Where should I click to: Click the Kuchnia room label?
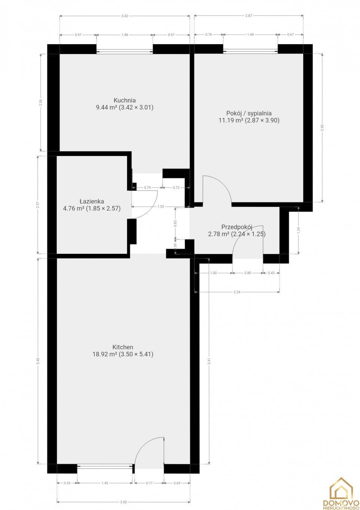click(x=124, y=101)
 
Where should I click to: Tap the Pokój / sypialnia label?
click(x=249, y=113)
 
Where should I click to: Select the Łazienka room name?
click(x=92, y=202)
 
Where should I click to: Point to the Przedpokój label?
click(x=237, y=227)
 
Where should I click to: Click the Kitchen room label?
click(x=123, y=347)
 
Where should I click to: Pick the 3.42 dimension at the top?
click(x=124, y=16)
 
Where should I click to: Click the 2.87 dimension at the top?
click(x=249, y=16)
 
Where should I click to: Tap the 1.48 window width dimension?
click(x=124, y=35)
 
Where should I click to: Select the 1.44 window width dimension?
click(x=250, y=35)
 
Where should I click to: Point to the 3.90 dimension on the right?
click(x=322, y=128)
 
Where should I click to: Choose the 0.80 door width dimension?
click(x=247, y=273)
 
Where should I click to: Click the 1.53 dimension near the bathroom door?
click(x=160, y=206)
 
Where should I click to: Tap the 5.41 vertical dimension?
click(x=209, y=361)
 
